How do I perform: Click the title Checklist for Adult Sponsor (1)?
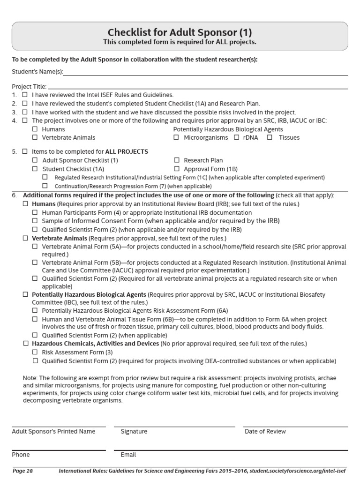click(180, 32)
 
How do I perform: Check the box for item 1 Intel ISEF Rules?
click(25, 95)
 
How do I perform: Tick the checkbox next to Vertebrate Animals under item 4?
click(35, 138)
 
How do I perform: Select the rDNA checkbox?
click(237, 138)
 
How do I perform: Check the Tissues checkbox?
click(270, 138)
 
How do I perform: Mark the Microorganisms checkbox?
click(177, 138)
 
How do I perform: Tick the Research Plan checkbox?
click(177, 160)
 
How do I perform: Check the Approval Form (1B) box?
click(177, 169)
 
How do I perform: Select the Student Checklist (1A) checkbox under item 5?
click(35, 169)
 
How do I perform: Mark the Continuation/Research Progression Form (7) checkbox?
click(45, 186)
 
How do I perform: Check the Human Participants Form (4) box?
click(35, 212)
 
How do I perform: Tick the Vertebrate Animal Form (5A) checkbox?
click(35, 247)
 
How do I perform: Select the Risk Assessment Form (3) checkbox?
click(35, 352)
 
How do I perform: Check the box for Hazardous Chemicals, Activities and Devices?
click(25, 344)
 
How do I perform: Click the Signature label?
click(134, 431)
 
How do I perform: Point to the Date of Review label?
click(265, 431)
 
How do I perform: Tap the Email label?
click(128, 455)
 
